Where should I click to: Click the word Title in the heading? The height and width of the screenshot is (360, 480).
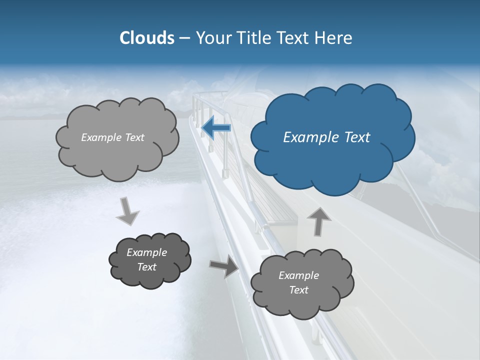click(254, 38)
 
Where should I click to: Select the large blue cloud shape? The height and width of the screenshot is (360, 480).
click(332, 150)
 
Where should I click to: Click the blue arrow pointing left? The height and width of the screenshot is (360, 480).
click(216, 127)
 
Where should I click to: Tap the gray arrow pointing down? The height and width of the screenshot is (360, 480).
click(128, 211)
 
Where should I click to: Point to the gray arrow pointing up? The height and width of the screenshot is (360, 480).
click(319, 221)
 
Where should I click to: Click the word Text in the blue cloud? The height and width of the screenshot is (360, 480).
click(357, 137)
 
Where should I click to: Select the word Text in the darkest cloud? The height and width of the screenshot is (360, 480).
click(147, 267)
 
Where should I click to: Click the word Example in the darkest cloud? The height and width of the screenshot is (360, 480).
click(147, 252)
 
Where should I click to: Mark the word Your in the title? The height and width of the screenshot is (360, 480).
click(213, 38)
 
